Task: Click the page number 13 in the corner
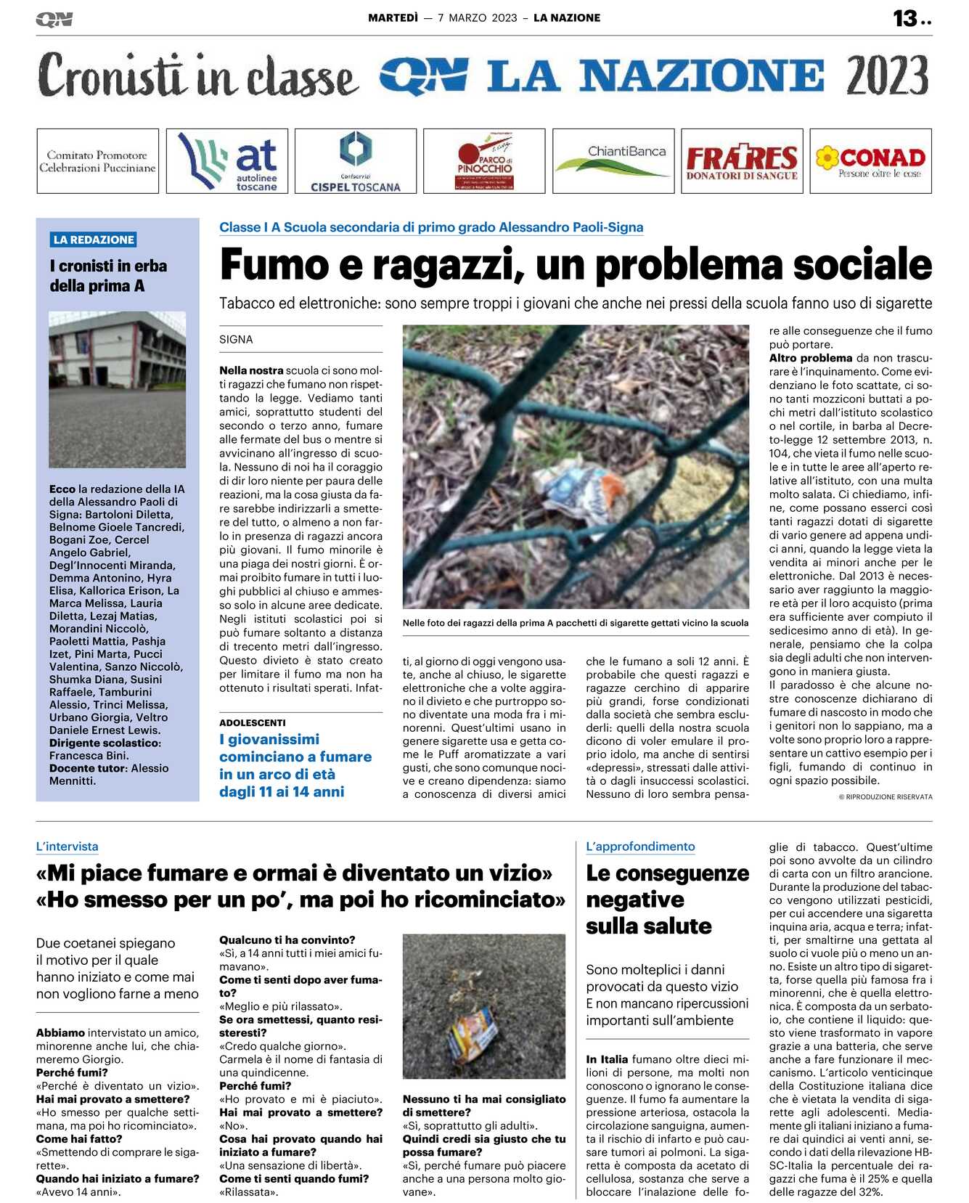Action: click(905, 18)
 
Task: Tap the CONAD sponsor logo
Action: click(870, 161)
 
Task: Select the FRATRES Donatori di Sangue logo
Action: click(741, 161)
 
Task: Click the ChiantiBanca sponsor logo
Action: click(613, 161)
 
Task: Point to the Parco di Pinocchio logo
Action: click(484, 161)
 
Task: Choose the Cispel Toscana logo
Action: click(356, 161)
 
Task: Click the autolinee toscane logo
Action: click(227, 161)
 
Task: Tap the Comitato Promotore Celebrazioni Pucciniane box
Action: click(97, 161)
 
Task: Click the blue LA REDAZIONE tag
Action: click(94, 240)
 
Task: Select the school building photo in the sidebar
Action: click(117, 389)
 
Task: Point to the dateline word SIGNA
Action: click(236, 339)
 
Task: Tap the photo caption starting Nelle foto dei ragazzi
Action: click(575, 623)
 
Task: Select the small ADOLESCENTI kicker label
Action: click(252, 722)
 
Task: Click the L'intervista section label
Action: click(67, 847)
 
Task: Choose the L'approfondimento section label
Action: click(640, 847)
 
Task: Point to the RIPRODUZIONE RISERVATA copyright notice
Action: click(885, 796)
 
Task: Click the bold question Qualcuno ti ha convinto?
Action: click(287, 939)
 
